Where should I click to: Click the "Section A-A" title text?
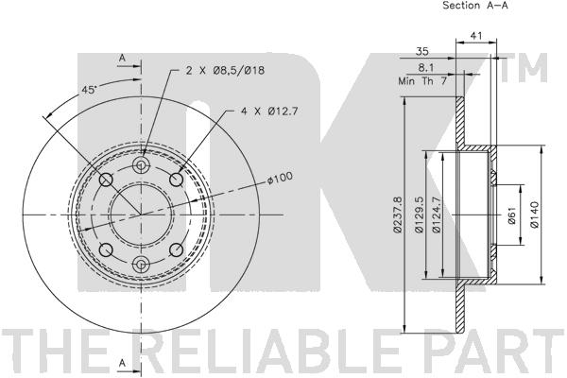[x=475, y=6]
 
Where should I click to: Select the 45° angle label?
[x=89, y=90]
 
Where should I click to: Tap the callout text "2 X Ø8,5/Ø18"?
[x=225, y=70]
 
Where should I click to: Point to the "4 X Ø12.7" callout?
[x=269, y=112]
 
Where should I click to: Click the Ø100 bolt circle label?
[x=281, y=178]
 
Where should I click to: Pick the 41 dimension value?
[x=476, y=36]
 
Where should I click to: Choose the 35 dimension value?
[x=421, y=51]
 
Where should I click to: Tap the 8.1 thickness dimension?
[x=426, y=67]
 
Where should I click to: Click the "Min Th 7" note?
[x=422, y=80]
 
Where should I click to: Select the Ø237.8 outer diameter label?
[x=397, y=215]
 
